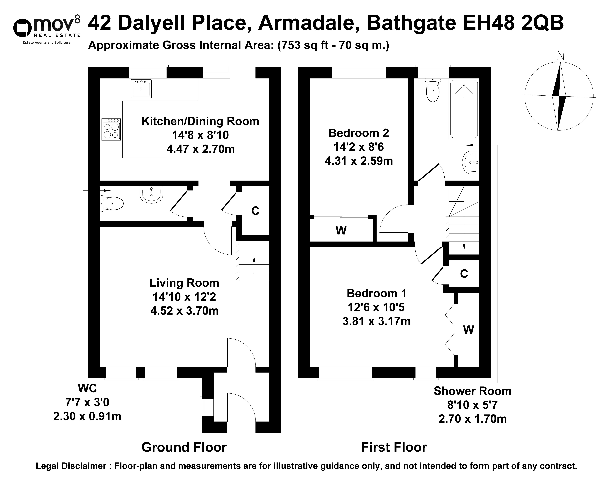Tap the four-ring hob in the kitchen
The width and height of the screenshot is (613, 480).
click(111, 129)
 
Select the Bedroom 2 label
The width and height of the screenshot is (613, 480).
click(358, 133)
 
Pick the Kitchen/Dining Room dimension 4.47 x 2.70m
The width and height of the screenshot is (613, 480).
click(201, 149)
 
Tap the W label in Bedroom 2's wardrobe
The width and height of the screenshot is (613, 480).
click(341, 230)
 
